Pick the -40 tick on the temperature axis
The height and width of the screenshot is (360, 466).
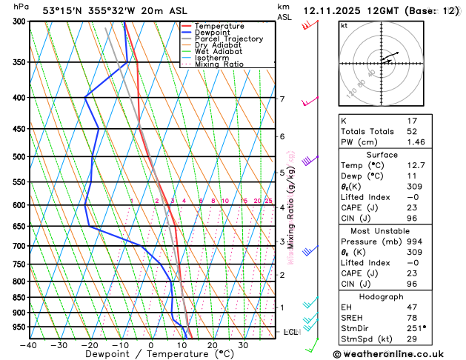point(29,345)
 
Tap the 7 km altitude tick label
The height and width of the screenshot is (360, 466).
point(282,99)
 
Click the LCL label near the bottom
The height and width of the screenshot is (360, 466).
point(290,332)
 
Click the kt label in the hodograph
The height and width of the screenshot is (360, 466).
point(344,25)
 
